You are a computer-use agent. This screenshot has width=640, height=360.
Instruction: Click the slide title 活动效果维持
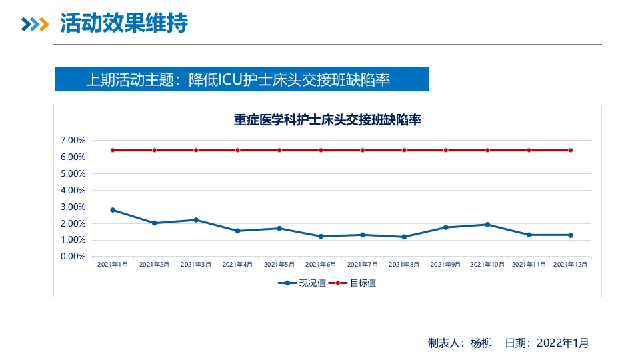click(124, 24)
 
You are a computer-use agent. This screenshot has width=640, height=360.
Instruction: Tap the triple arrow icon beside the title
click(35, 25)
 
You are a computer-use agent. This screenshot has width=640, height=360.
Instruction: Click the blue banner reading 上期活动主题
click(241, 79)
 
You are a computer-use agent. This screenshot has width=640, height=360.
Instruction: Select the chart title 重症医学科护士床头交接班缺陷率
click(327, 121)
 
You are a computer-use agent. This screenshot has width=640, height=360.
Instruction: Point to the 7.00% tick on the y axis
click(73, 141)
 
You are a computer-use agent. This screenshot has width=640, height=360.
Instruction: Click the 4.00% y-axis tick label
click(73, 190)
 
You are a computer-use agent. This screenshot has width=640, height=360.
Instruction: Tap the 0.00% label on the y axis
click(73, 256)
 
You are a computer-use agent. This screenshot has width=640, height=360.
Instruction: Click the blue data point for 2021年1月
click(113, 210)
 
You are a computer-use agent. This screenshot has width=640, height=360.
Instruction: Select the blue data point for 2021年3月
click(196, 220)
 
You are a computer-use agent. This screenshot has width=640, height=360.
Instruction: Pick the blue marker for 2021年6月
click(321, 236)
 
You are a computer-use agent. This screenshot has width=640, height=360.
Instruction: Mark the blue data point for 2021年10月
click(487, 225)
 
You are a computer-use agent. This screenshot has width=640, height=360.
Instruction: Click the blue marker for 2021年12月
click(571, 235)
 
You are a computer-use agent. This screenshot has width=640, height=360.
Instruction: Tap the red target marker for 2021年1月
click(113, 150)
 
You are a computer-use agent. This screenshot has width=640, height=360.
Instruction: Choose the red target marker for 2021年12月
click(571, 150)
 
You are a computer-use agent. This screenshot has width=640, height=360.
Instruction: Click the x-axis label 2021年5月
click(279, 265)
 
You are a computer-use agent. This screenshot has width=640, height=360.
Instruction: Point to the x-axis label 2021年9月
click(446, 265)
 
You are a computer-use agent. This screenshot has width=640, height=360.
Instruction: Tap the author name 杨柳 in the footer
click(481, 343)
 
